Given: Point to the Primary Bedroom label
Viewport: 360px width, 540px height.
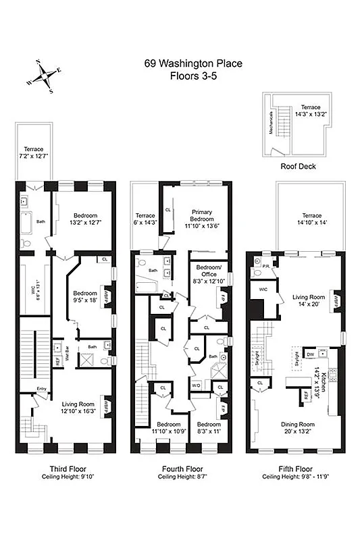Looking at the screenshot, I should (x=202, y=215).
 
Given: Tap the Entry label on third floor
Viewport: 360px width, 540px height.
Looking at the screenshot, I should (x=42, y=388).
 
